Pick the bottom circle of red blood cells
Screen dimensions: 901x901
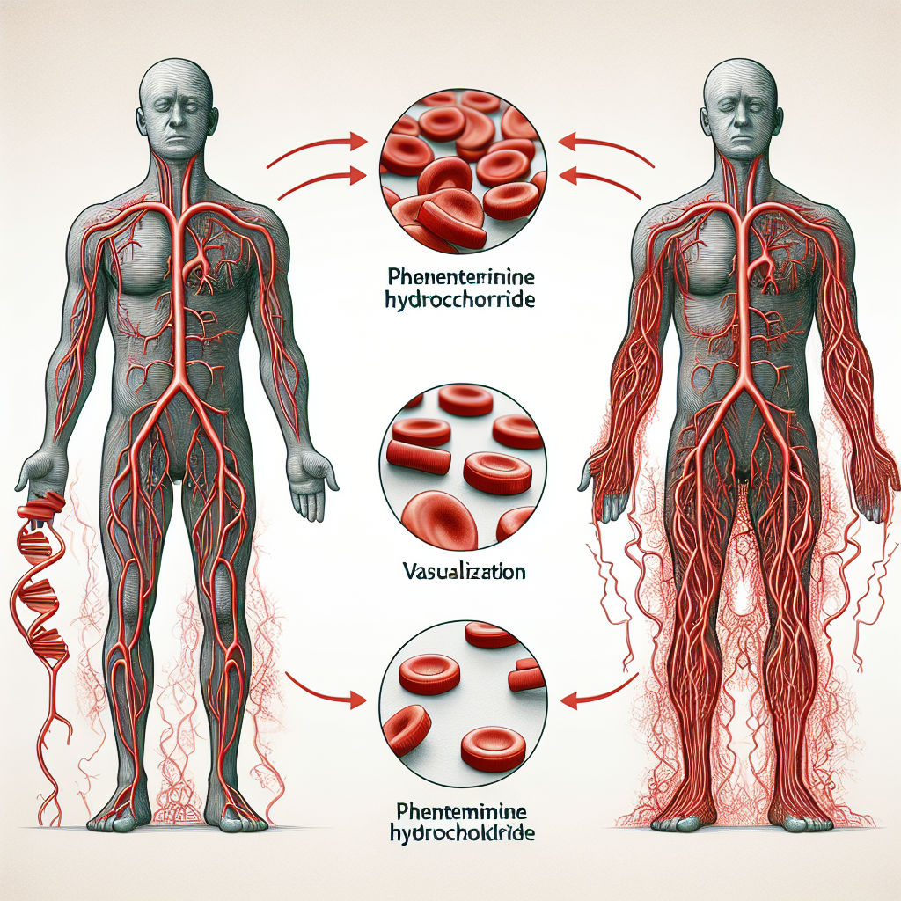click(463, 704)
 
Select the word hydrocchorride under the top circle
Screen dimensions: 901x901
click(463, 299)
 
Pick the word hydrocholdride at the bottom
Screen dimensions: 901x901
click(463, 833)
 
